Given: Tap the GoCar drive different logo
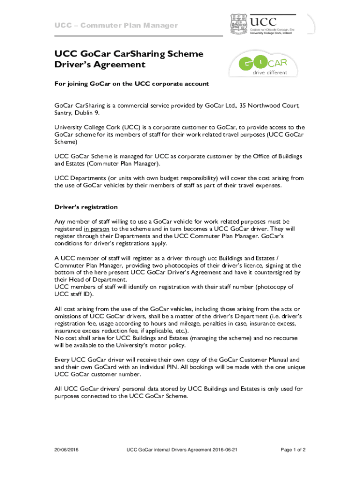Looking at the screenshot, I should click(x=264, y=65).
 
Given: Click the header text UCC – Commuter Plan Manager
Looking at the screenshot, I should click(x=116, y=25).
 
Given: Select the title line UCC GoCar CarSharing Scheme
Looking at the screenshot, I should click(x=129, y=54).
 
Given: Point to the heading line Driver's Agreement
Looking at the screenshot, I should click(x=100, y=65).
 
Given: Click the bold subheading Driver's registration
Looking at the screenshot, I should click(x=86, y=207).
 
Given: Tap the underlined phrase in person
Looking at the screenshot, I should click(x=97, y=229).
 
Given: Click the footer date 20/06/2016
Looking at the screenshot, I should click(x=66, y=450).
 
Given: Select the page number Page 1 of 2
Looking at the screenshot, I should click(x=293, y=450).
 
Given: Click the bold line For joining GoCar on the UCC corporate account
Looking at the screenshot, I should click(x=131, y=84).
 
